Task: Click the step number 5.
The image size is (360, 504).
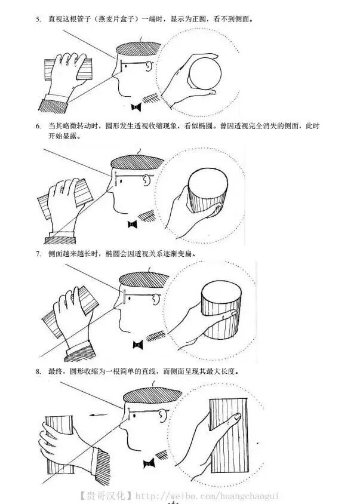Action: pos(38,19)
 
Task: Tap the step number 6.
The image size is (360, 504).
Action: pos(38,126)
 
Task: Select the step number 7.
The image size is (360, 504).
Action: pos(38,254)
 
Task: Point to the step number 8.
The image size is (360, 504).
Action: pos(38,371)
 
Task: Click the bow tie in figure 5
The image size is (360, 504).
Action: pos(136,107)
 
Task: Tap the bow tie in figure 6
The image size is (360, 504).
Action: pos(132,224)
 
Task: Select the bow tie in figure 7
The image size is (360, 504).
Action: pos(138,345)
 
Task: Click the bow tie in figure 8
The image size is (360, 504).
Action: pos(149,463)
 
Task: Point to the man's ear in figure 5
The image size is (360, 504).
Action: pos(148,66)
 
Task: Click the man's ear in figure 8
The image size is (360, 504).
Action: pos(162,417)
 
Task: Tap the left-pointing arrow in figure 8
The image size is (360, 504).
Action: pos(99,415)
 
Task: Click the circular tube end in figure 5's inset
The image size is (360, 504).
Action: pos(205,73)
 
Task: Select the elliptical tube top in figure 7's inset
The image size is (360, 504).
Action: pos(221,293)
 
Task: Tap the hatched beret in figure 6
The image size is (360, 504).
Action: pos(137,162)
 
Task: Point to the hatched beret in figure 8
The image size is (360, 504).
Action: pos(152,395)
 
